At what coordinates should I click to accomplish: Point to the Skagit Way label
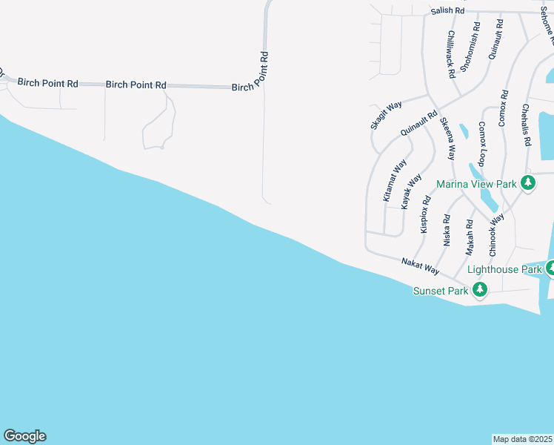pyautogui.click(x=386, y=116)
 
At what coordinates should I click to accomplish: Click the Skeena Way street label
pyautogui.click(x=447, y=138)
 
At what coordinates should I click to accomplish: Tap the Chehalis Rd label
pyautogui.click(x=526, y=124)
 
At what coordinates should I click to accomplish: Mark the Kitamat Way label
pyautogui.click(x=395, y=179)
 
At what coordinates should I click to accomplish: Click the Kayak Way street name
pyautogui.click(x=411, y=191)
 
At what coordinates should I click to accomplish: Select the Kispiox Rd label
pyautogui.click(x=425, y=215)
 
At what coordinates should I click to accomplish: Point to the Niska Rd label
pyautogui.click(x=447, y=230)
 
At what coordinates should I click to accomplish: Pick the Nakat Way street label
pyautogui.click(x=420, y=266)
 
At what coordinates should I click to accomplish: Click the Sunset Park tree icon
pyautogui.click(x=480, y=291)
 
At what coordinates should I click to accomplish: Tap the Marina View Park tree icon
pyautogui.click(x=527, y=183)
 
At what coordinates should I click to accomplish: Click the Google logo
pyautogui.click(x=24, y=436)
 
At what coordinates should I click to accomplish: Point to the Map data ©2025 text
pyautogui.click(x=523, y=439)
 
